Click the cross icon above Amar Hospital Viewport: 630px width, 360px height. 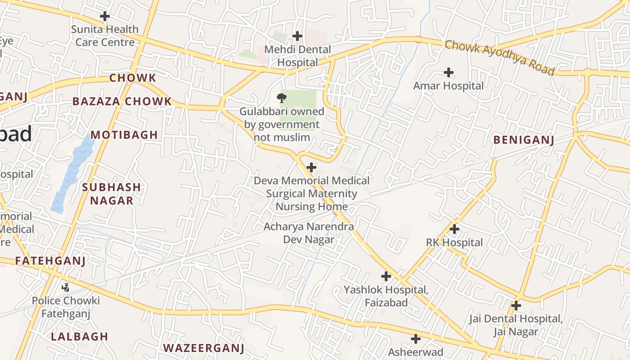tap(448, 72)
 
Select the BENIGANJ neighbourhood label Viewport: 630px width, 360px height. tap(523, 140)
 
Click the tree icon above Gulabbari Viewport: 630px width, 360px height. tap(282, 98)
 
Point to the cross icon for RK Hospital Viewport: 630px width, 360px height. tap(454, 229)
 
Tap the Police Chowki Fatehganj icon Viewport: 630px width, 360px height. tap(66, 287)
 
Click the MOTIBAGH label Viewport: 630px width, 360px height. tap(124, 135)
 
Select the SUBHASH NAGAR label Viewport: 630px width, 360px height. tap(112, 194)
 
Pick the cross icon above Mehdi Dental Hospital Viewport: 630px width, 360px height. tap(297, 36)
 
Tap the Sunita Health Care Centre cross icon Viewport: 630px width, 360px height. tap(105, 16)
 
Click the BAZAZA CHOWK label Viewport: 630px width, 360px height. tap(122, 101)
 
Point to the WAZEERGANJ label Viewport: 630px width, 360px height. tap(203, 348)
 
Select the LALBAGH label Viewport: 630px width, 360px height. tap(80, 336)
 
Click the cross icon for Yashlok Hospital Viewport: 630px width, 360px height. tap(386, 276)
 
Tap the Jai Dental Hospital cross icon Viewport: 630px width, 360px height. tap(516, 306)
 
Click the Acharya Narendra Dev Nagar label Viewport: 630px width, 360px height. tap(309, 233)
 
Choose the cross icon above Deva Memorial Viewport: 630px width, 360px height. tap(311, 167)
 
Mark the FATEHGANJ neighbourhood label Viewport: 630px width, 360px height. tap(50, 261)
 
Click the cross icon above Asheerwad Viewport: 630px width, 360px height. tap(416, 338)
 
